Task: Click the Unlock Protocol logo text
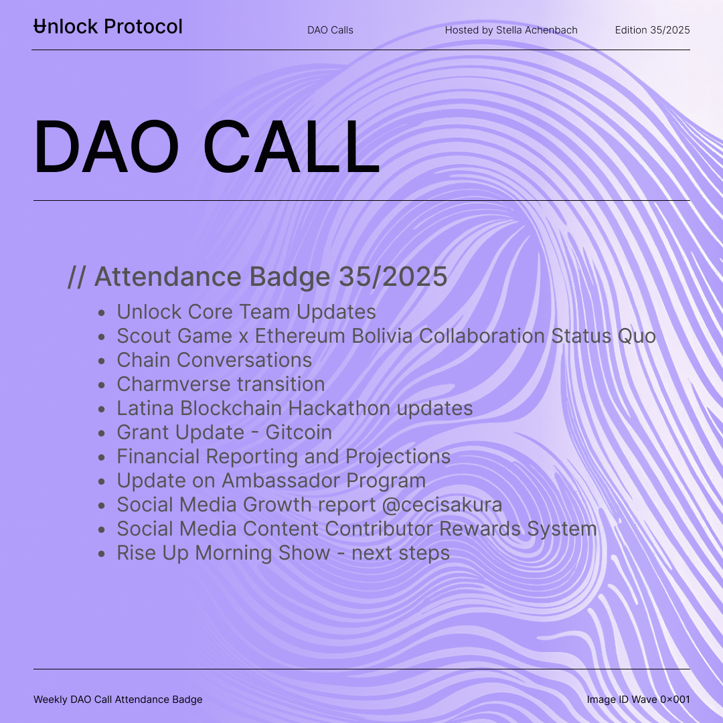[x=108, y=26]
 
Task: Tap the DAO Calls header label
[x=330, y=30]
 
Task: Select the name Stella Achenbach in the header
[x=537, y=30]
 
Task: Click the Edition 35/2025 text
[x=653, y=30]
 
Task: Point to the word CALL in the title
[x=291, y=147]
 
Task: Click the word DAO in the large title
[x=106, y=147]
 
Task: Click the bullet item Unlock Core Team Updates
[x=246, y=312]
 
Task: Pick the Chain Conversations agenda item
[x=214, y=359]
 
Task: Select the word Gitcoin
[x=299, y=432]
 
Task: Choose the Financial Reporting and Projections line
[x=284, y=457]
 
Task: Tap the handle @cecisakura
[x=443, y=505]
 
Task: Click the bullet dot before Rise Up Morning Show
[x=102, y=554]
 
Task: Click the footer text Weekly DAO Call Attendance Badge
[x=118, y=700]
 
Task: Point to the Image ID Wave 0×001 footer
[x=639, y=700]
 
